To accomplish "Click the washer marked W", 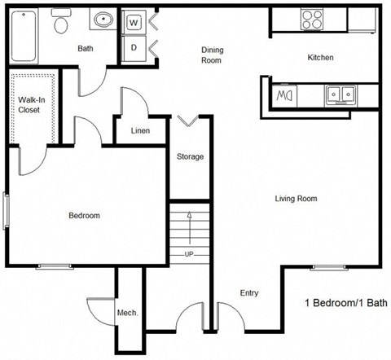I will (134, 23).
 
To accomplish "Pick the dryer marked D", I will (134, 48).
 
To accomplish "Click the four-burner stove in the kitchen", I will (312, 18).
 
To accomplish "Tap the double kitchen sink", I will (340, 95).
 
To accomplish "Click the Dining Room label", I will (212, 55).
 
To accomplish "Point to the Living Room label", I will (295, 198).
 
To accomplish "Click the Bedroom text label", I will (84, 216).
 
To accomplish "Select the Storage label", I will (190, 156).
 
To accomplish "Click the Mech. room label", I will (127, 313).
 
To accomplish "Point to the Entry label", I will (249, 293).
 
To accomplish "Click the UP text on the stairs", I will (190, 254).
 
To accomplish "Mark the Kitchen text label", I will (320, 58).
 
